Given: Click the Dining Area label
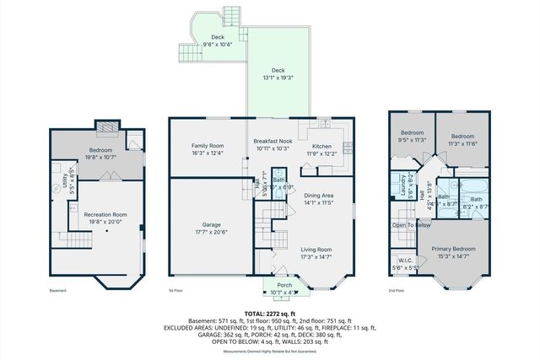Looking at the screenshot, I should coord(320,196).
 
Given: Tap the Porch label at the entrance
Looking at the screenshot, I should coord(285,286).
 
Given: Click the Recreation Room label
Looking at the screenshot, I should coord(105,214).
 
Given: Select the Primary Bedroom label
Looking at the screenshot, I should coord(453,249).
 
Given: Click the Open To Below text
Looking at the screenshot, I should coord(411,225).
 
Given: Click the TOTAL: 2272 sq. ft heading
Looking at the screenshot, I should coord(269,313).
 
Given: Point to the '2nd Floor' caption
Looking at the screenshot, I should coord(396,291).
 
